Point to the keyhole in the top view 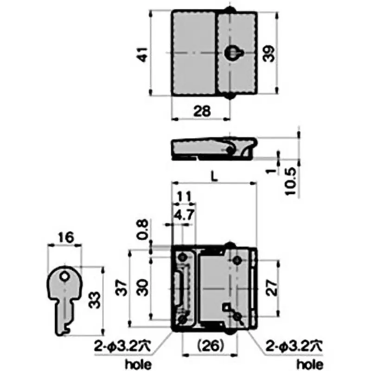pyautogui.click(x=231, y=53)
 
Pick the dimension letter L pyautogui.click(x=213, y=176)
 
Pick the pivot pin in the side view pyautogui.click(x=230, y=150)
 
